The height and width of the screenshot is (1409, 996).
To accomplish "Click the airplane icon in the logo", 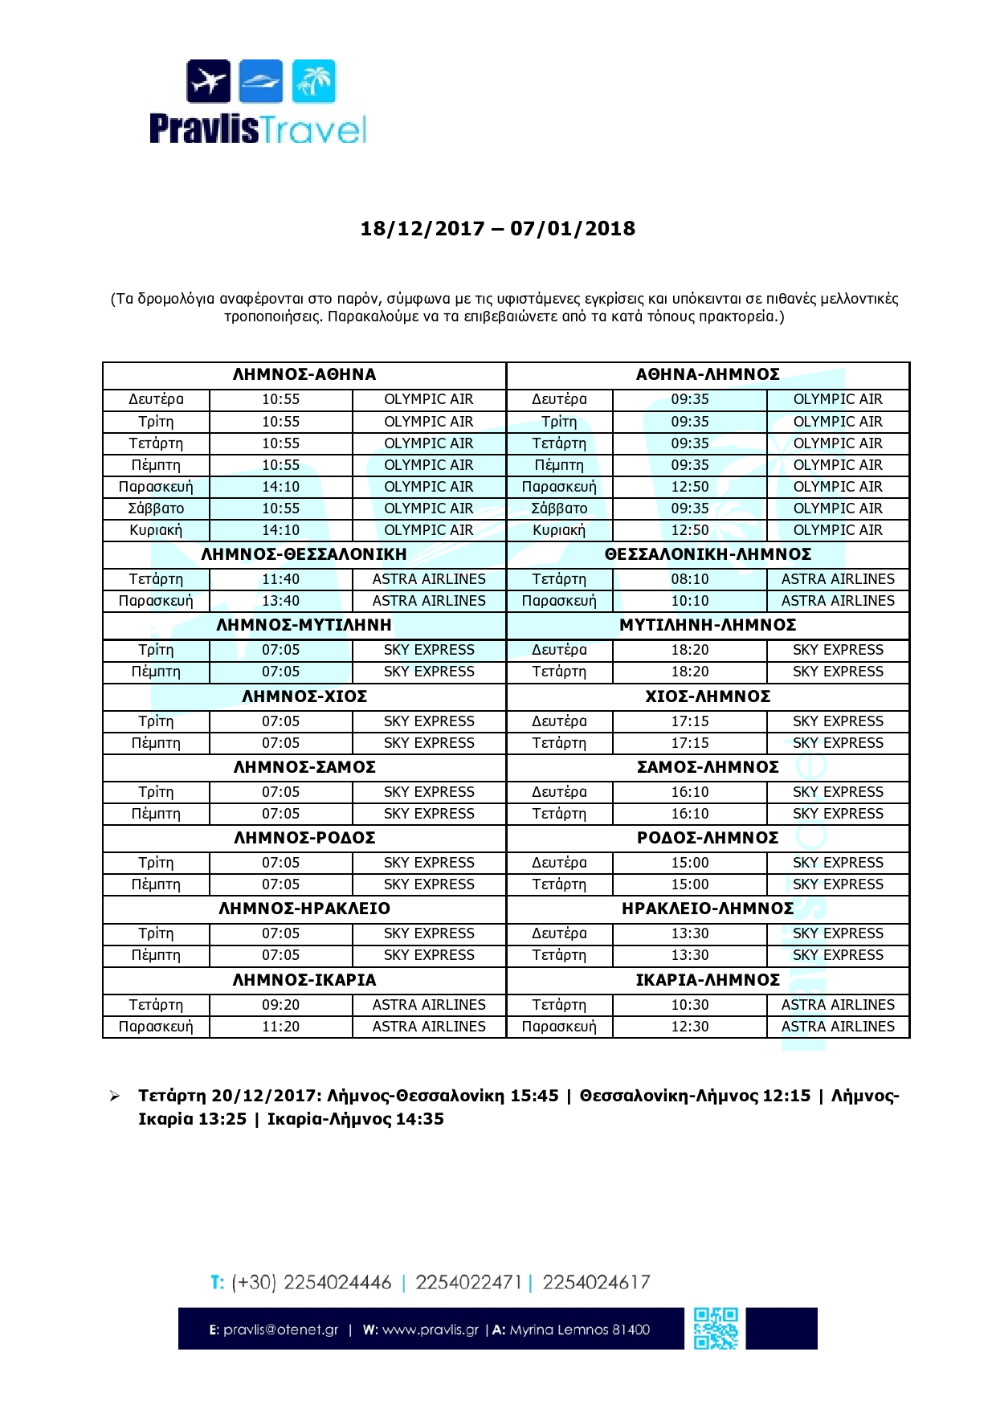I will [x=209, y=81].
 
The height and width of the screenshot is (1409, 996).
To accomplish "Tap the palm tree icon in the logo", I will [x=314, y=81].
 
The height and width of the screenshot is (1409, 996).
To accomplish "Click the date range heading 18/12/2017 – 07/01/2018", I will [x=497, y=229].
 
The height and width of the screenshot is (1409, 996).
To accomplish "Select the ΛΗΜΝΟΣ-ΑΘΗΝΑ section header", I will [x=304, y=374].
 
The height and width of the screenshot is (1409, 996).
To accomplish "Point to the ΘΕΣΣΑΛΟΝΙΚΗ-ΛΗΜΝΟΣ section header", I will [x=708, y=554].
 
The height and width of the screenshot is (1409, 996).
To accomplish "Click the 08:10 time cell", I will [x=690, y=579].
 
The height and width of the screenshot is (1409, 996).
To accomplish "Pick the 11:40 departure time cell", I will [x=280, y=579].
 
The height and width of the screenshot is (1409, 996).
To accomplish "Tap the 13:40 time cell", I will [x=280, y=601].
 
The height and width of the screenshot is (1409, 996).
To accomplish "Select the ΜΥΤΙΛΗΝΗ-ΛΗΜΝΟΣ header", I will [x=708, y=625].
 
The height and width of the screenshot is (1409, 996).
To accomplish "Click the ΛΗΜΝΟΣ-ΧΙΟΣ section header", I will [x=304, y=696].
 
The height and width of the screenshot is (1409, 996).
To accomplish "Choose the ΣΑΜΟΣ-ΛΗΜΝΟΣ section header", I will [x=708, y=767].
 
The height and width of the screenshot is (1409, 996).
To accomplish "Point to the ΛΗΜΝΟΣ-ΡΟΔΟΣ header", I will [x=304, y=838].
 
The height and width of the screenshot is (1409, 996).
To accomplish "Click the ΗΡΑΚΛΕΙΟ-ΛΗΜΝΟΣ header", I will [x=708, y=909].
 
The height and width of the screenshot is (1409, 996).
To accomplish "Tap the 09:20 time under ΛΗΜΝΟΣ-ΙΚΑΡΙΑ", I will [x=280, y=1005].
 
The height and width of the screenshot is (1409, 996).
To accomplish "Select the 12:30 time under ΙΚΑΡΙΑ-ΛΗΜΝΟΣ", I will [x=690, y=1027].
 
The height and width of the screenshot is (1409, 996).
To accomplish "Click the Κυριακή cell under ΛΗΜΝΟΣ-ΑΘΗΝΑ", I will [x=156, y=530].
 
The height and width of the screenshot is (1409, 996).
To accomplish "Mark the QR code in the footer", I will [x=716, y=1329].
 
